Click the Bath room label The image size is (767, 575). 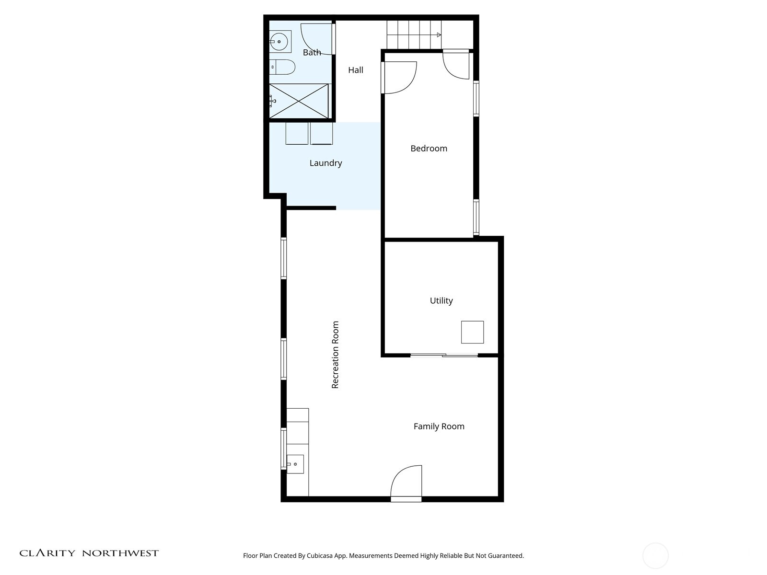(x=312, y=52)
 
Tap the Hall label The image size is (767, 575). (x=355, y=70)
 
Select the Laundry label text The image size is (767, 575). (x=325, y=163)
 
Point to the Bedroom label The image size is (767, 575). (x=429, y=149)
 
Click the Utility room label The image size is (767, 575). (x=441, y=300)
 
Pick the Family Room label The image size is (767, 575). (x=439, y=426)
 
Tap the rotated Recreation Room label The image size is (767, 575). (x=335, y=355)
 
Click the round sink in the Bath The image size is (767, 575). (x=279, y=42)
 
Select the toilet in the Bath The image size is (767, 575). (x=283, y=67)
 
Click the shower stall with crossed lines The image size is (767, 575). (x=299, y=101)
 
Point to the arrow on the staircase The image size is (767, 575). (x=439, y=35)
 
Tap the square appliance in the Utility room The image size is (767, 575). (x=472, y=332)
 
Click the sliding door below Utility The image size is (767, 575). (x=444, y=355)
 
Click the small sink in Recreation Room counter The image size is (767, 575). (x=295, y=464)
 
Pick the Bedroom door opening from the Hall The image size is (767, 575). (x=399, y=77)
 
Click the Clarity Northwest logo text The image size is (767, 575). (x=89, y=553)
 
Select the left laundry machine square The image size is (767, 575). (x=297, y=133)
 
